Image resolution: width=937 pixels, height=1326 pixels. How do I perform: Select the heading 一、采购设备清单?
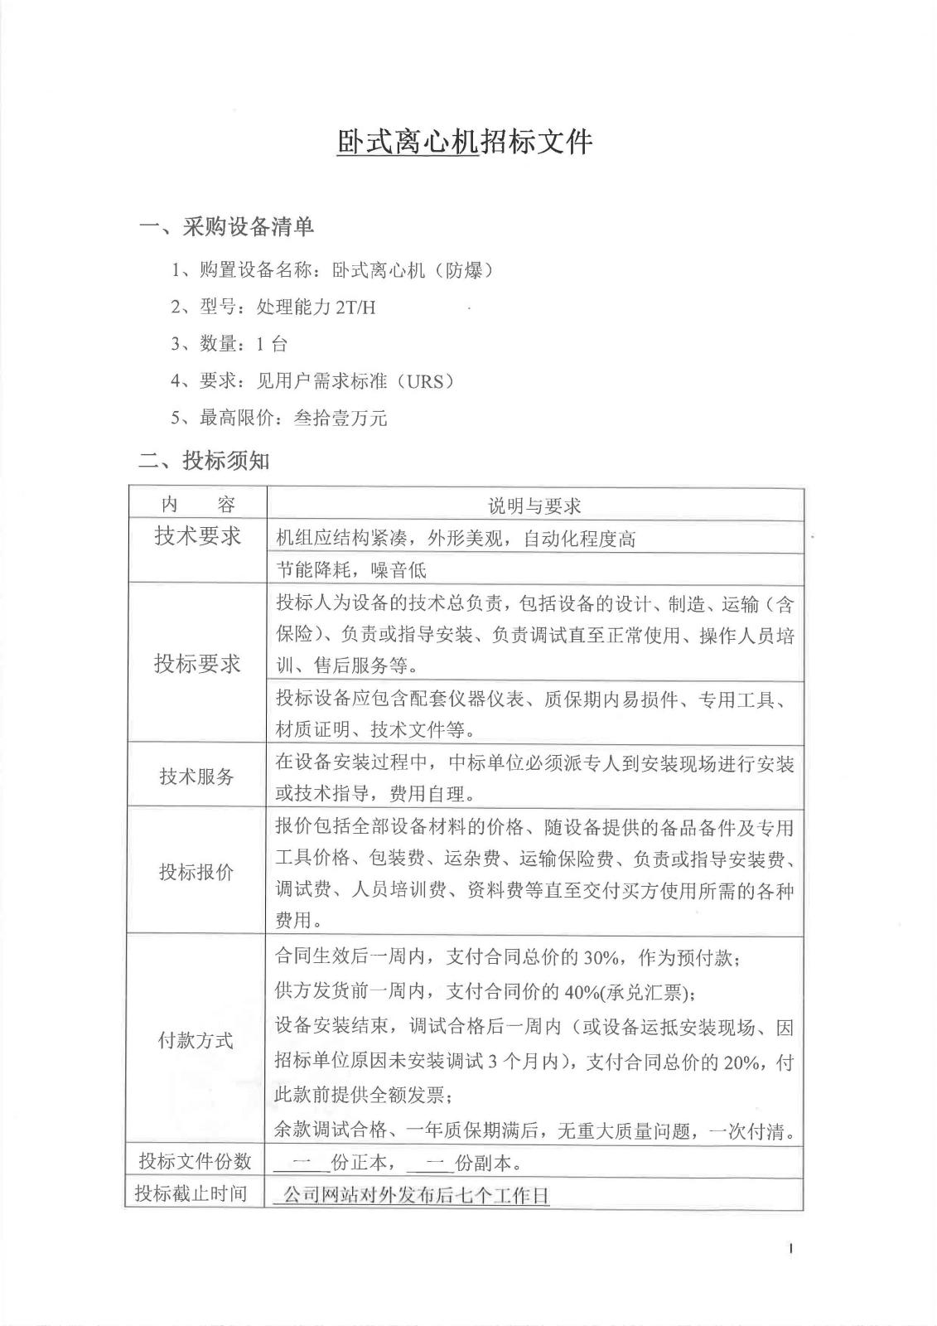coord(225,226)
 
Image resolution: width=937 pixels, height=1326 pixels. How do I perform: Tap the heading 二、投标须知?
coord(203,461)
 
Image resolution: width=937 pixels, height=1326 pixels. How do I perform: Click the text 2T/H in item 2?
coord(355,307)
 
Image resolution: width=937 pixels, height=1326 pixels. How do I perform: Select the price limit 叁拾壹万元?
coord(341,419)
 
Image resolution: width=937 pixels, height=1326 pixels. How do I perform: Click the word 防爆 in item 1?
coord(465,270)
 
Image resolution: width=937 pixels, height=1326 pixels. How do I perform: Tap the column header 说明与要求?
coord(534,506)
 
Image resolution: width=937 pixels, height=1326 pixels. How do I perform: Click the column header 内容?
coord(197,505)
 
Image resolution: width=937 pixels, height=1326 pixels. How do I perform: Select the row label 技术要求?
coord(197,536)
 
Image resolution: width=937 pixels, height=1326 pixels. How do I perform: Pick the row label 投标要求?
coord(197,663)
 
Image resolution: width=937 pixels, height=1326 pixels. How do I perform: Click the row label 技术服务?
coord(197,777)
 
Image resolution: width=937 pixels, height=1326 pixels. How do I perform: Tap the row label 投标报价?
coord(197,872)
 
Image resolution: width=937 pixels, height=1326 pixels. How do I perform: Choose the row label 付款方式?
coord(197,1040)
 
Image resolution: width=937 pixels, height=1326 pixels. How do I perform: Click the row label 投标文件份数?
coord(196,1161)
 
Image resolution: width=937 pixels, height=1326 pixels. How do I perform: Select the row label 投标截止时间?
coord(192,1193)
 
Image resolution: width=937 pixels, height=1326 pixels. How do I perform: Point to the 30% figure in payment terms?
coord(602,958)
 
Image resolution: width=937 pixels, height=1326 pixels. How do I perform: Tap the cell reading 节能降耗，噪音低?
coord(351,570)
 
